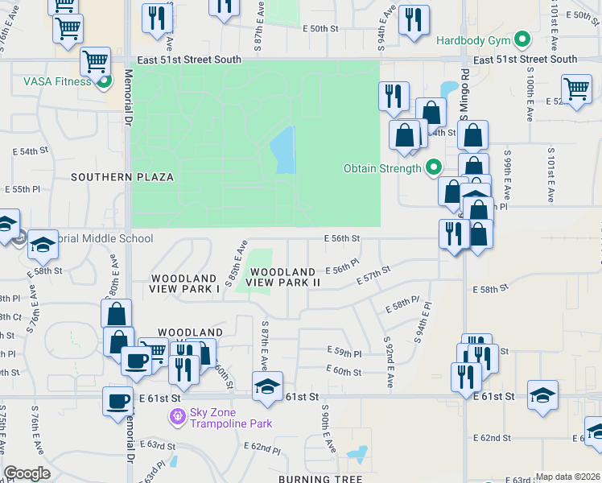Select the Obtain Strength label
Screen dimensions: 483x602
point(382,168)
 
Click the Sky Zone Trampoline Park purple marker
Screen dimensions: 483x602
point(176,416)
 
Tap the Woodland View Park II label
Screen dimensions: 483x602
point(282,278)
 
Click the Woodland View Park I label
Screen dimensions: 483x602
point(184,283)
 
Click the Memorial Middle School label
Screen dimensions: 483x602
point(101,238)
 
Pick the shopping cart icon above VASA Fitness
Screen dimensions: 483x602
point(96,60)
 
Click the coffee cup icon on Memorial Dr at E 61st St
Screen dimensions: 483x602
point(118,400)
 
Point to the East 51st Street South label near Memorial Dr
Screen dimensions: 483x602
point(188,60)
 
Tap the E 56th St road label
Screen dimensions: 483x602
point(341,238)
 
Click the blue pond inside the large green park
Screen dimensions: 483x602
point(282,151)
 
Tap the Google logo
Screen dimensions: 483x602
point(27,473)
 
